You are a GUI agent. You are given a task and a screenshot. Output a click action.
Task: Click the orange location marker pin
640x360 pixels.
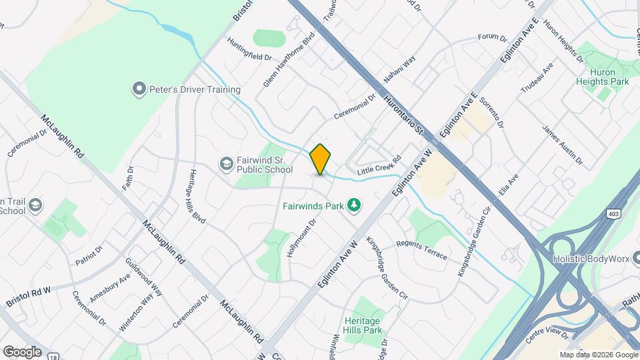click(x=321, y=159)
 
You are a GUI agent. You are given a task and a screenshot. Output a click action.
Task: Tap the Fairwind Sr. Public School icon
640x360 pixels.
click(x=227, y=163)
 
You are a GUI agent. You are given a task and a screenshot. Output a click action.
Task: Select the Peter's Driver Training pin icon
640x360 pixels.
click(x=139, y=89)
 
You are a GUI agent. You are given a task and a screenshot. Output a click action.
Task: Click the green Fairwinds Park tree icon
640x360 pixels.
click(x=355, y=205)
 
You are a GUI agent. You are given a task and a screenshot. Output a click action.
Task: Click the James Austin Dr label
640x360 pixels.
click(x=562, y=145)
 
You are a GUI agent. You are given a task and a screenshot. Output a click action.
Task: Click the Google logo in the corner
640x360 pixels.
click(x=22, y=351)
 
